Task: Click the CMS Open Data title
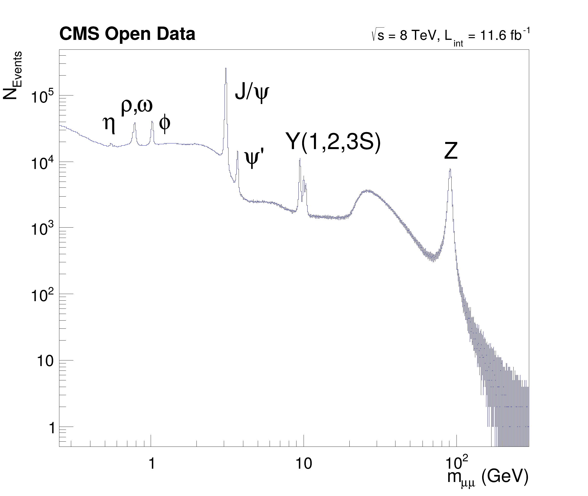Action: tap(127, 34)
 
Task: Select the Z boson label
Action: tap(451, 151)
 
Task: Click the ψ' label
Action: tap(254, 158)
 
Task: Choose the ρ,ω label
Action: tap(137, 106)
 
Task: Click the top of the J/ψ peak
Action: tap(226, 68)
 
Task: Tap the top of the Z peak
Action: tap(450, 169)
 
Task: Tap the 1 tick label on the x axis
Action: tap(152, 463)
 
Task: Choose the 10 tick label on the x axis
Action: tap(304, 463)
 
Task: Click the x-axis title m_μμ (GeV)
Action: tap(488, 478)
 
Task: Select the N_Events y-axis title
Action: tap(13, 75)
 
